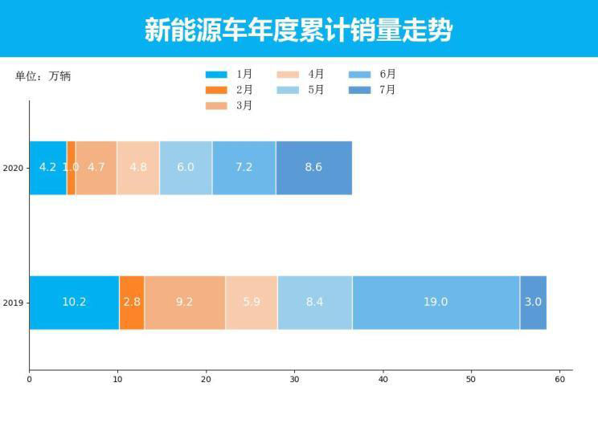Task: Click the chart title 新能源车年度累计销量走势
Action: pos(298,30)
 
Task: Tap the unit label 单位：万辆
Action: pos(43,77)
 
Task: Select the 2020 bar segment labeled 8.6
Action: pos(313,168)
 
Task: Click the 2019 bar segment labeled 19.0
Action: pos(436,303)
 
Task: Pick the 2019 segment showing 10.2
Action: pos(74,303)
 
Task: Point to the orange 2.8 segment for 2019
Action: pos(132,303)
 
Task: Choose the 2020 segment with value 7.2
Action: pos(244,168)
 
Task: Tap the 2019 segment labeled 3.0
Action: pos(533,303)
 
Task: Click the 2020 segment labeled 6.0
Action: pos(186,168)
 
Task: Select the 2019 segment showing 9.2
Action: pos(185,303)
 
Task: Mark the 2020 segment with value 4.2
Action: pos(47,168)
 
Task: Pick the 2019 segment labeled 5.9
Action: pos(252,303)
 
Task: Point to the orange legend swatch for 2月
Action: pos(216,90)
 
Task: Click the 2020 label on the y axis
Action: pos(12,169)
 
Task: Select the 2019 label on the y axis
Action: pos(12,303)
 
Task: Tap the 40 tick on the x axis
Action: pos(383,380)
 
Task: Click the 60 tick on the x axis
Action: pos(560,380)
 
